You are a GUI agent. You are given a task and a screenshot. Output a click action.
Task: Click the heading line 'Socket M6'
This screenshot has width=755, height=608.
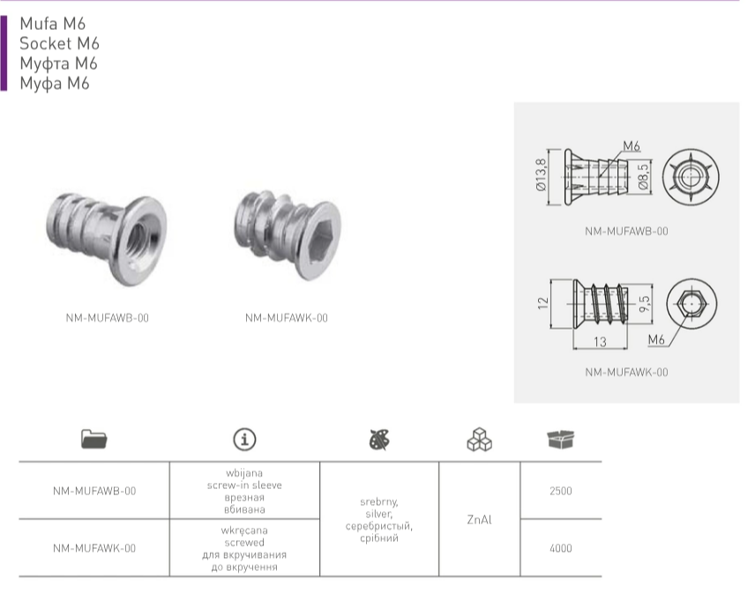59,43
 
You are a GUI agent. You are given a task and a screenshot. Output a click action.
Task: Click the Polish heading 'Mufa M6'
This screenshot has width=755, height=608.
53,23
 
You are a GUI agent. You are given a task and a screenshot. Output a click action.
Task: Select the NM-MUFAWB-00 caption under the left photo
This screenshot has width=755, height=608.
108,318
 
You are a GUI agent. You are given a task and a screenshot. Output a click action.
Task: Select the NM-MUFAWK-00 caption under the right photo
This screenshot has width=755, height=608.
287,318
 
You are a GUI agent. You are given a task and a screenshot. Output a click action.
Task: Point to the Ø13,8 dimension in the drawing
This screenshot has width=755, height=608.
542,175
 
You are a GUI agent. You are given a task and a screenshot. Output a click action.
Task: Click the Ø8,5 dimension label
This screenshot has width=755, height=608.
643,176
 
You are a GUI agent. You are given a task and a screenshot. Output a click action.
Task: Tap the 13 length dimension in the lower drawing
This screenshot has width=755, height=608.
600,342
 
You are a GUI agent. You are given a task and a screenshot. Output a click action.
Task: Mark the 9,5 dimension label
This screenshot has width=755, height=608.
644,304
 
